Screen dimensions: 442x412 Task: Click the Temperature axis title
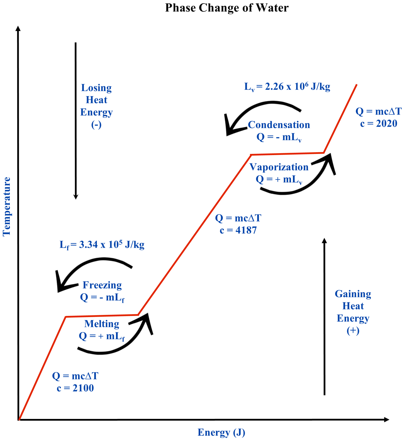pos(7,206)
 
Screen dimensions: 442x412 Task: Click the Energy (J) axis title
pos(221,433)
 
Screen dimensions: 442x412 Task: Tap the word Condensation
pos(279,125)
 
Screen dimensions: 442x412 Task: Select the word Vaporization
pos(279,167)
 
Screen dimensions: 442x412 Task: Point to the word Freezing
pos(102,285)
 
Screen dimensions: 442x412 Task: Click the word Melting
pos(102,324)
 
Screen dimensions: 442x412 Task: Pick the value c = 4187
pos(238,230)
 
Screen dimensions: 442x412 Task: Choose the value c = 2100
pos(75,388)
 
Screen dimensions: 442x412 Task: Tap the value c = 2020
pos(379,124)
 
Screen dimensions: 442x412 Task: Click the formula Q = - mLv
pos(279,137)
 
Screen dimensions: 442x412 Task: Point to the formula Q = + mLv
pos(279,180)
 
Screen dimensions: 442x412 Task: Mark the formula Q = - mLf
pos(102,297)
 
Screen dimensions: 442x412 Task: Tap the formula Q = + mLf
pos(102,336)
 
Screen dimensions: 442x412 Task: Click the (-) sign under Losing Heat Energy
pos(96,125)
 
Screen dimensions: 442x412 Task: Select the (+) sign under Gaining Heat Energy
pos(353,330)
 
